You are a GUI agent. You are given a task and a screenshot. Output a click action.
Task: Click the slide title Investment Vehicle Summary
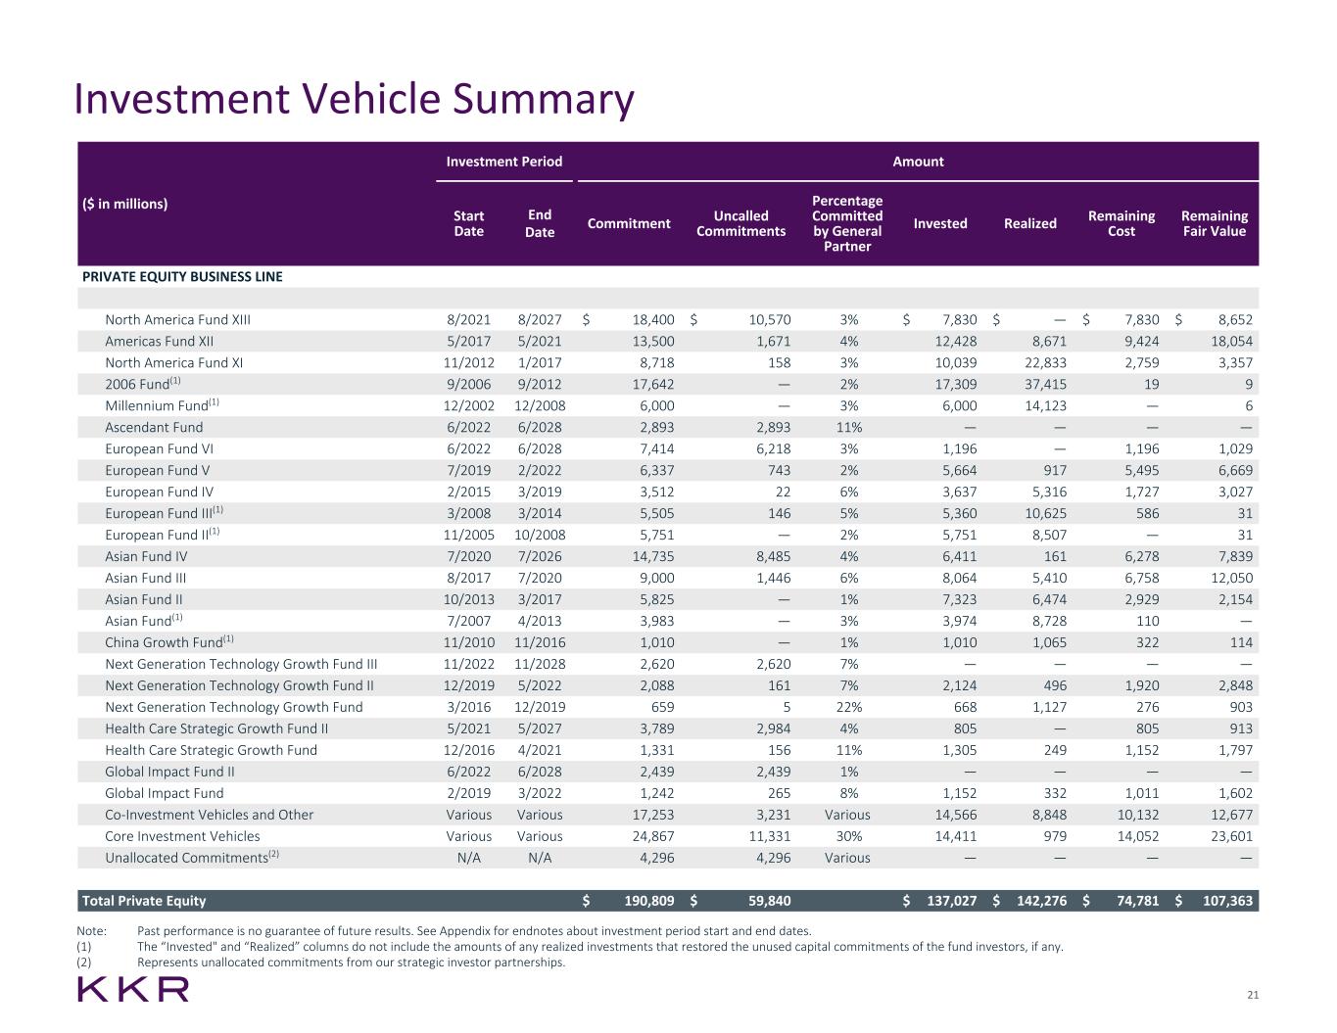tap(354, 100)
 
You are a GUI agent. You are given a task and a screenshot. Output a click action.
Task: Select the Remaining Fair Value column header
tap(1214, 223)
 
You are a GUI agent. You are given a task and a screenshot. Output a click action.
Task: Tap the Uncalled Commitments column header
tap(740, 223)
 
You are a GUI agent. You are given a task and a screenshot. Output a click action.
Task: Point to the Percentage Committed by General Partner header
tap(847, 223)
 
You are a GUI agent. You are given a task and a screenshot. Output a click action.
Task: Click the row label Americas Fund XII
tap(159, 341)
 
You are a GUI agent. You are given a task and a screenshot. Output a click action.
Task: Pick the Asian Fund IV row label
tap(146, 556)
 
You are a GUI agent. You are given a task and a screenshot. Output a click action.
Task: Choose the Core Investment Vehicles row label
tap(182, 836)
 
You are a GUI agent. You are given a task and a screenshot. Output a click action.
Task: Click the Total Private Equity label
tap(144, 901)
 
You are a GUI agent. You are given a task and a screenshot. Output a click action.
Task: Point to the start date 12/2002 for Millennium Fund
tap(468, 405)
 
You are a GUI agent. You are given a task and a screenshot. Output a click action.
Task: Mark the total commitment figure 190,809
tap(643, 901)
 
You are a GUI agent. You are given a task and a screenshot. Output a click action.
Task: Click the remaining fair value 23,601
tap(1226, 836)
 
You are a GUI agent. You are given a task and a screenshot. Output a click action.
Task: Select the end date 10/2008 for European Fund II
tap(540, 535)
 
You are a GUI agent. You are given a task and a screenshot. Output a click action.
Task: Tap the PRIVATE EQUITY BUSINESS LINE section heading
tap(182, 276)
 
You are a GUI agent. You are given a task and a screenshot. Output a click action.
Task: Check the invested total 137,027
tap(946, 901)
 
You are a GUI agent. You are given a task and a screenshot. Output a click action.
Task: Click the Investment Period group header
tap(503, 162)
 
